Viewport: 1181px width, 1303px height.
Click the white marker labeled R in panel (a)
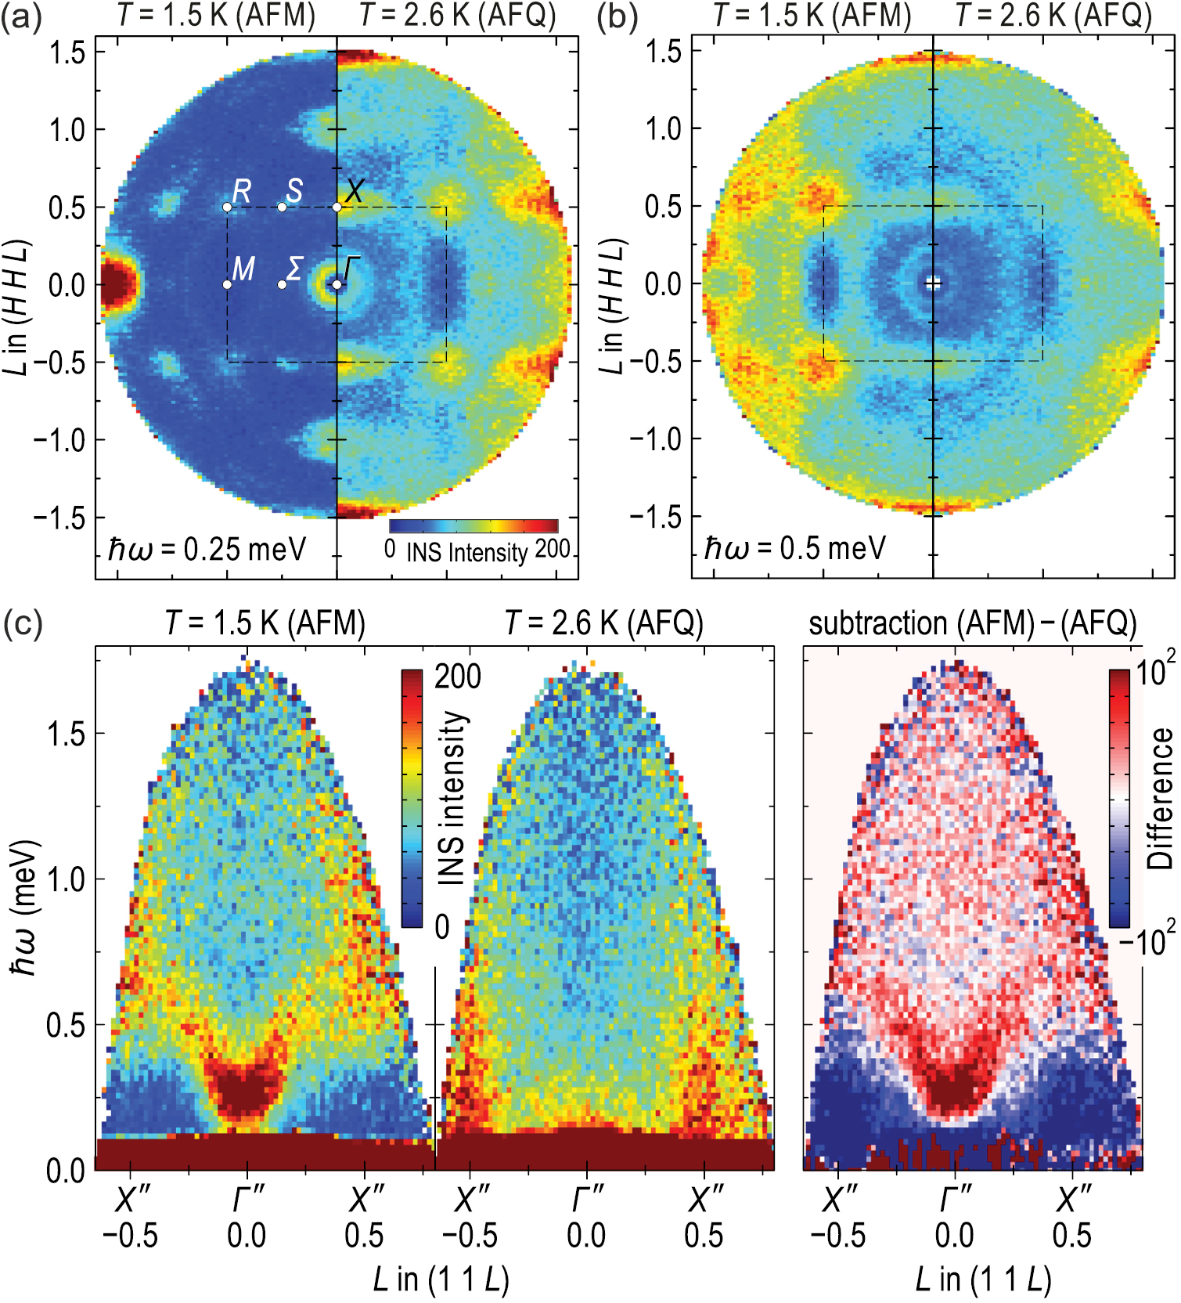[x=227, y=207]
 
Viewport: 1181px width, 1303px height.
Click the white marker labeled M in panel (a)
[x=227, y=284]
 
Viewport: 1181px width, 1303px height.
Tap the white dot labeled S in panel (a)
[x=282, y=207]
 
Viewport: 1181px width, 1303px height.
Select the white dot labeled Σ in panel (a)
[x=282, y=284]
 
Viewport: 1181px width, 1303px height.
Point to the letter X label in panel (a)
[x=355, y=190]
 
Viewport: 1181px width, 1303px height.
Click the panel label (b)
[x=617, y=17]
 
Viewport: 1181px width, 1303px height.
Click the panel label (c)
[x=23, y=624]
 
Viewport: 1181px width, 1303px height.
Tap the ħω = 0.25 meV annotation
[x=207, y=550]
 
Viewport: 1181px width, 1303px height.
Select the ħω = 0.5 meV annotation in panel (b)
[x=795, y=548]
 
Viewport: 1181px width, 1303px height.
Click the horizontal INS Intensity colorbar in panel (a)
[x=473, y=526]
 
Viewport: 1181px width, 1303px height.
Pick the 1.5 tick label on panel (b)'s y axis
[x=663, y=52]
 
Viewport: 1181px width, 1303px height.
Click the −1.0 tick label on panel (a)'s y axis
[x=59, y=440]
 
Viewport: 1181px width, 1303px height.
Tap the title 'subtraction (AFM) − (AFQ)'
[x=973, y=624]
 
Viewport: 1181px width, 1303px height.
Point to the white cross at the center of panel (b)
[x=932, y=283]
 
